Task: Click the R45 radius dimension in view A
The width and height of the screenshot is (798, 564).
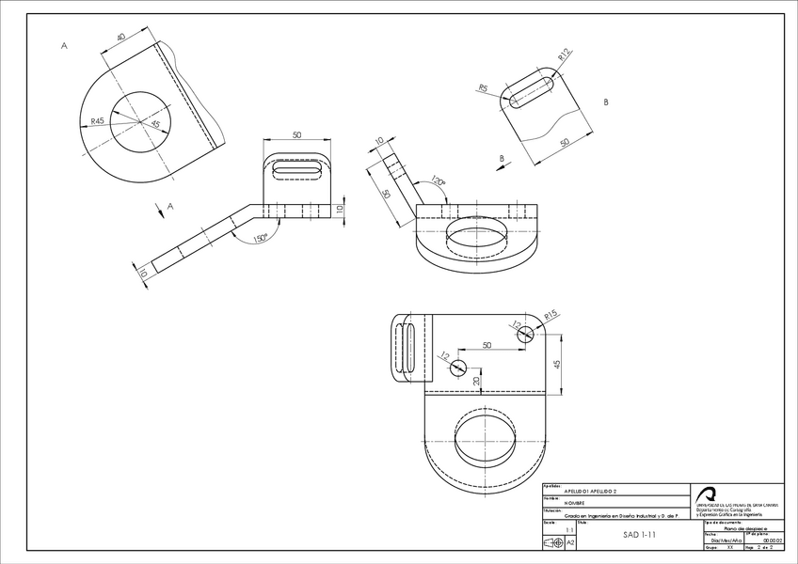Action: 98,121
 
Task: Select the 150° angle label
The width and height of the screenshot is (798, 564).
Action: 261,238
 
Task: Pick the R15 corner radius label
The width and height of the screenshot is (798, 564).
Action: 551,314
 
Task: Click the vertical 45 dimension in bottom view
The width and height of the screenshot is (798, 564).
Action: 557,364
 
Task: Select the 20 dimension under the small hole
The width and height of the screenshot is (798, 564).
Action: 477,380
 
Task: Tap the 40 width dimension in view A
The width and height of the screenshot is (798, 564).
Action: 121,39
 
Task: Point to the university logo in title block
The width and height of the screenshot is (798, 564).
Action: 708,494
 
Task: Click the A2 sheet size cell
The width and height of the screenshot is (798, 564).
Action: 570,542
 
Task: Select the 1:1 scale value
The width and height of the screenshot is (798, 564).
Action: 569,529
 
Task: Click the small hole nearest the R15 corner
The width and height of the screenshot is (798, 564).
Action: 525,332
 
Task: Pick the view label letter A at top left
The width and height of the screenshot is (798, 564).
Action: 64,45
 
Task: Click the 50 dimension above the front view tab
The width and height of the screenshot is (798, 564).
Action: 297,135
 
